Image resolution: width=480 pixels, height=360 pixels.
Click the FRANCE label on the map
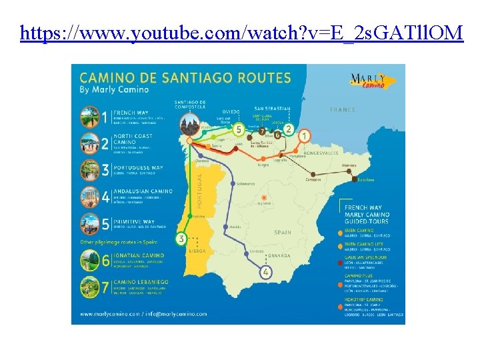pyautogui.click(x=343, y=109)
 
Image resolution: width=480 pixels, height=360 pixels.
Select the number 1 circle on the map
pyautogui.click(x=304, y=136)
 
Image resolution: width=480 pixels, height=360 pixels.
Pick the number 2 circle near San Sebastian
pyautogui.click(x=288, y=129)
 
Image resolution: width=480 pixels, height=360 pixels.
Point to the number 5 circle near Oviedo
pyautogui.click(x=238, y=129)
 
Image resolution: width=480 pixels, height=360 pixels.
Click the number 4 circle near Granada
pyautogui.click(x=266, y=272)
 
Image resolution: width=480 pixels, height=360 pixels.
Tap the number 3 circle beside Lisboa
pyautogui.click(x=181, y=238)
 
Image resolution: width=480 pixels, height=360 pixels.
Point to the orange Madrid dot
pyautogui.click(x=265, y=197)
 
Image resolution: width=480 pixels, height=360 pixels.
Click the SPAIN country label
pyautogui.click(x=283, y=233)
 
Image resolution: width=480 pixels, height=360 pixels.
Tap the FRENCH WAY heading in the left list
pyautogui.click(x=131, y=113)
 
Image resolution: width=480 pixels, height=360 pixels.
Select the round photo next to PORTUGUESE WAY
pyautogui.click(x=90, y=169)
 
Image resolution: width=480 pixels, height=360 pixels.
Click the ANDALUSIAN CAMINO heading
pyautogui.click(x=141, y=192)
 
